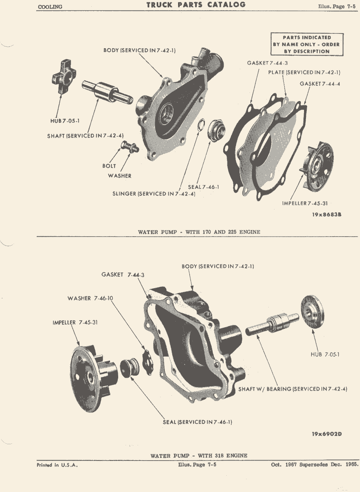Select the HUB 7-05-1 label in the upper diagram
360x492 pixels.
65,121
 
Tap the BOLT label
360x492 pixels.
109,166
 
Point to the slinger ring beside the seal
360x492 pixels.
201,124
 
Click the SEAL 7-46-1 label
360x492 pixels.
203,187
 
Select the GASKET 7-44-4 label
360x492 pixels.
320,84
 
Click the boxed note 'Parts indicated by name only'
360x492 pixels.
307,44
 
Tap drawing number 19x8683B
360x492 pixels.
327,215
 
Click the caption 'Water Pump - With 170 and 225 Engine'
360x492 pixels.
199,232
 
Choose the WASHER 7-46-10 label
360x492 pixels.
90,298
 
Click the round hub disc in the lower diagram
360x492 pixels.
312,312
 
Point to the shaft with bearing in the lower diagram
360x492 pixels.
272,324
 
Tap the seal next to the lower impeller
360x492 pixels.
130,368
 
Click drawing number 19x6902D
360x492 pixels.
327,434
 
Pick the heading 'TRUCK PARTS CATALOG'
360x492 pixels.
196,5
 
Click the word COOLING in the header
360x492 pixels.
50,7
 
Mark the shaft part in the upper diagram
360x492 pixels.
107,92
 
